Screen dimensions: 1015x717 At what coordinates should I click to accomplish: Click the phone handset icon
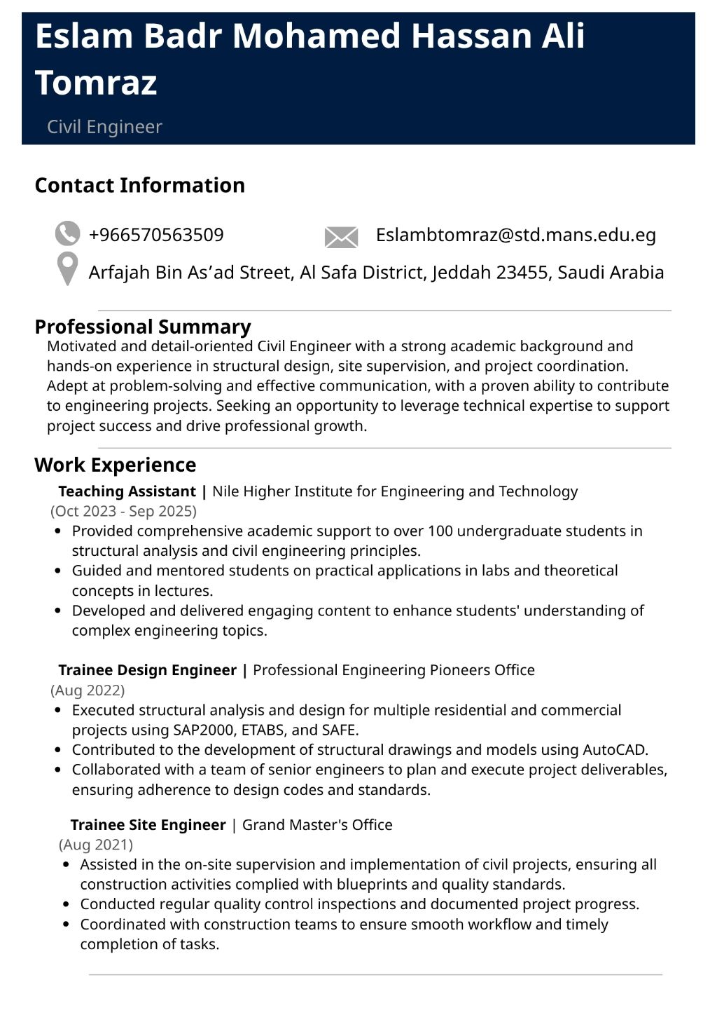pos(67,234)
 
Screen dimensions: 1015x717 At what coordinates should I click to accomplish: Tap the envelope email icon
pos(341,237)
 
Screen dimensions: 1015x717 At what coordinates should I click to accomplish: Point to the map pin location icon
pos(67,268)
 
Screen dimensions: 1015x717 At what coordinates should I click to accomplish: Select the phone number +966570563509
pos(156,235)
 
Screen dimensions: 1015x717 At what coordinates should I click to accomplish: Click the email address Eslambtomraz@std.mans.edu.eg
pos(515,235)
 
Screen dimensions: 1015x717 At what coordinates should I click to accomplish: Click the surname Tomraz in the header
pos(96,83)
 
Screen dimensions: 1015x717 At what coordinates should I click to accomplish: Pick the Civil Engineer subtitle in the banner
pos(104,127)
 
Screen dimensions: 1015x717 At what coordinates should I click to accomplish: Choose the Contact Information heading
pos(139,185)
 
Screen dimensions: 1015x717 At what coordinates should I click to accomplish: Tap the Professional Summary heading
pos(142,327)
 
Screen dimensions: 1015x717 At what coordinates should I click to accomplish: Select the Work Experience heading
pos(115,465)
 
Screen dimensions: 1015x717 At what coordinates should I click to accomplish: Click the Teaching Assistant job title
pos(127,491)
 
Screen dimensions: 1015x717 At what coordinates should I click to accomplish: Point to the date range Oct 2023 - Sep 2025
pos(123,511)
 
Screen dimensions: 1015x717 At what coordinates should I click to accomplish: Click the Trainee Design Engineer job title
pos(147,670)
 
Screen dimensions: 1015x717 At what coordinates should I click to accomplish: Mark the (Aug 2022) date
pos(88,690)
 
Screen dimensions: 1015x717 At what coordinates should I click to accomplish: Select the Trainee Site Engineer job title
pos(148,825)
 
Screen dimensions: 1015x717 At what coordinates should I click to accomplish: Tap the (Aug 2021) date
pos(96,845)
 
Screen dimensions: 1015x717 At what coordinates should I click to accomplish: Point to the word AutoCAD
pos(614,750)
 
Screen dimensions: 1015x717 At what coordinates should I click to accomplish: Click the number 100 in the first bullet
pos(440,531)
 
